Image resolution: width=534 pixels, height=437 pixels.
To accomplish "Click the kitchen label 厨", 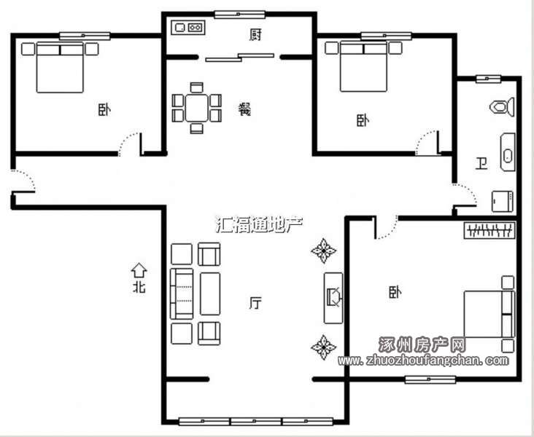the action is [255, 35].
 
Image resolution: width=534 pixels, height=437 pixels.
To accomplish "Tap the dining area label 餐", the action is [244, 109].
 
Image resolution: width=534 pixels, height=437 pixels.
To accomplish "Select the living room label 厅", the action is [255, 303].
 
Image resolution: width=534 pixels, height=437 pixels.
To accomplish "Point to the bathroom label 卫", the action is [481, 164].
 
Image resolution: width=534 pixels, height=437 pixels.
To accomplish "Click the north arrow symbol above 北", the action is [139, 270].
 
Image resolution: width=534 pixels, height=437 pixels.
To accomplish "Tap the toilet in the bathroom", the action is [502, 107].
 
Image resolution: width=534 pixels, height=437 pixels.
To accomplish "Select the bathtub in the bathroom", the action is [508, 152].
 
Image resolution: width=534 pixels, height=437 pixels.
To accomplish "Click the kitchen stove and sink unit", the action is [189, 27].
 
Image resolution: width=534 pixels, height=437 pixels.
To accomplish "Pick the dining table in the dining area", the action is [196, 108].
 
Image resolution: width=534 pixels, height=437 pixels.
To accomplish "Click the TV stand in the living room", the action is [333, 298].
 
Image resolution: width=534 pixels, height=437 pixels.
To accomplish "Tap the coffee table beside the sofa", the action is [210, 294].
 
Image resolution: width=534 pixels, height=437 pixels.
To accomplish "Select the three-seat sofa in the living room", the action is [182, 294].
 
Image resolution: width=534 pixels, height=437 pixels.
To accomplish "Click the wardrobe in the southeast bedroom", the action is [489, 230].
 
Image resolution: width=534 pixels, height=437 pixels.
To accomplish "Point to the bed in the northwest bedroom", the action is [60, 67].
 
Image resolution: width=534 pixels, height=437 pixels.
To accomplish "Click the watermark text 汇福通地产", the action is [260, 224].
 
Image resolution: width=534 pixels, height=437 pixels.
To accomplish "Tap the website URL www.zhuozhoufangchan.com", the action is [423, 360].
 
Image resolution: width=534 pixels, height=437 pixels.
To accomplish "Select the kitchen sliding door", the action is [240, 57].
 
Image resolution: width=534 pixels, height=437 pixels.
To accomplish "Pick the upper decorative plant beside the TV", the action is [323, 251].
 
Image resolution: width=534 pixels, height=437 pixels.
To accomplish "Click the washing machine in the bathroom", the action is [503, 202].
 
